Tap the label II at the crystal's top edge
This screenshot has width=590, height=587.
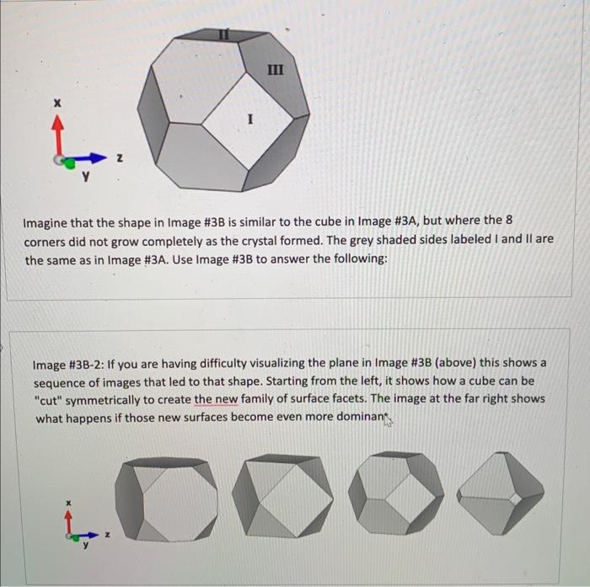click(x=223, y=35)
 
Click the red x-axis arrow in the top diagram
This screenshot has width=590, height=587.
click(x=58, y=135)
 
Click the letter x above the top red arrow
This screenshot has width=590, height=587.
click(x=57, y=102)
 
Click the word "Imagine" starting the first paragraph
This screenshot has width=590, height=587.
click(x=47, y=223)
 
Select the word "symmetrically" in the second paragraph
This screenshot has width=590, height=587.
click(x=121, y=398)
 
